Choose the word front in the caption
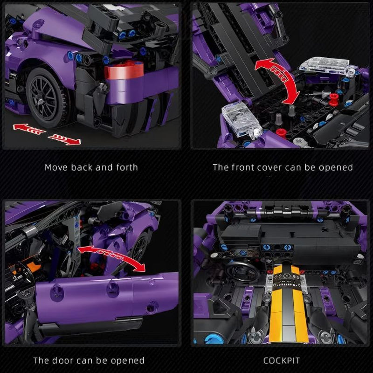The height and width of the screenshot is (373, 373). (242, 167)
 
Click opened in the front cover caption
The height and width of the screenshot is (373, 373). (336, 167)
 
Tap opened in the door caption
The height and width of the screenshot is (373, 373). (128, 360)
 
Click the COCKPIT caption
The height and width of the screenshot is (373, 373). (281, 360)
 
